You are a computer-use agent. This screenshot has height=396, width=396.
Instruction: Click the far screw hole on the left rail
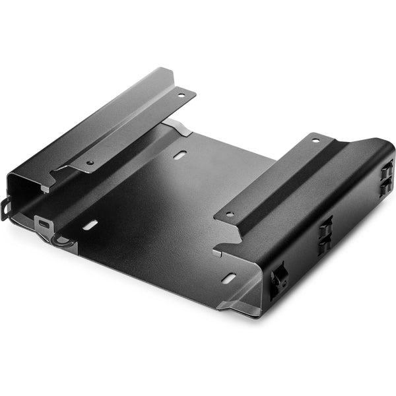[x=180, y=95]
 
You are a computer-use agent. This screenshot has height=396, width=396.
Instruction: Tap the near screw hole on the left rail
[x=90, y=162]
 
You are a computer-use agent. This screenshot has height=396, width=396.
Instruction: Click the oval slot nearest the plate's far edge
[x=180, y=155]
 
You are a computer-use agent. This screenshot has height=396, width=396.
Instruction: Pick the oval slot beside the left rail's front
[x=90, y=225]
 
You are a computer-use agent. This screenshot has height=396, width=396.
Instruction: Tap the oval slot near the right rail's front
[x=229, y=279]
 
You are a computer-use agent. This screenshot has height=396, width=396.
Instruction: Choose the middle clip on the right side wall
[x=325, y=234]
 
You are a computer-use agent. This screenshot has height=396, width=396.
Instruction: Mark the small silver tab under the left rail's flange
[x=45, y=188]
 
